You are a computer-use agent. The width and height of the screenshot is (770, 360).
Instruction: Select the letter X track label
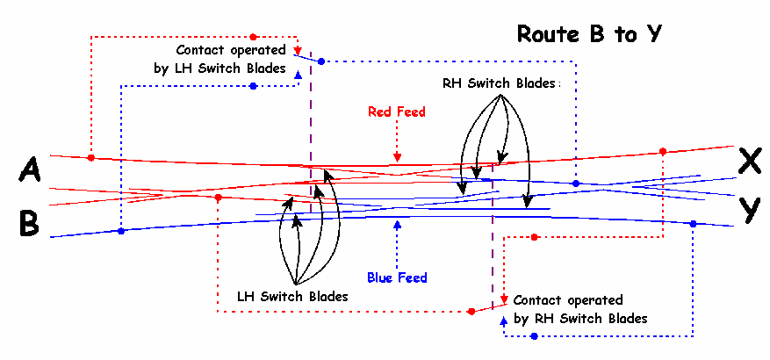[749, 160]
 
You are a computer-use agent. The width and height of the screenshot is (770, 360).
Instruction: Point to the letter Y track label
[749, 211]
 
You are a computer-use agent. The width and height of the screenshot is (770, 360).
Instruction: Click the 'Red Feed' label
[397, 112]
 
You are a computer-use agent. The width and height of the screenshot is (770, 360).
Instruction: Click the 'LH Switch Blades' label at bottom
[292, 296]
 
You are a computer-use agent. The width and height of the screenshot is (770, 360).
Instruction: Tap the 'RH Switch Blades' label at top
[500, 83]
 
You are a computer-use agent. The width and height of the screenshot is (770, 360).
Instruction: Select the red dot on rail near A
[91, 158]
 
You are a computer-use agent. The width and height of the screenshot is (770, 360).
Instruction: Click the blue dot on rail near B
[121, 231]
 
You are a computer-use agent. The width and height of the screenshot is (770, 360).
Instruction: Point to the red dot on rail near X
[663, 151]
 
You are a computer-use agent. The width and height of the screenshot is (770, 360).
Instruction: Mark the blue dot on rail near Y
[693, 224]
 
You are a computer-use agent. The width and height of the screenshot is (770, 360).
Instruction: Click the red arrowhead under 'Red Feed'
[398, 158]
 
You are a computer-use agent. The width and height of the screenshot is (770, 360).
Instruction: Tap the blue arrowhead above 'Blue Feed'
[398, 225]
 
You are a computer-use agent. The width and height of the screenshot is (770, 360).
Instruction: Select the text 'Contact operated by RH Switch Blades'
[580, 309]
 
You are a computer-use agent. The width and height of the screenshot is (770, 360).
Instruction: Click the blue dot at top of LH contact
[321, 61]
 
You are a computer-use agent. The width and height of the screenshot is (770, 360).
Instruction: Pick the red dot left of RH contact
[471, 311]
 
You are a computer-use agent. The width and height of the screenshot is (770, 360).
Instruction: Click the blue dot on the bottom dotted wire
[534, 336]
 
